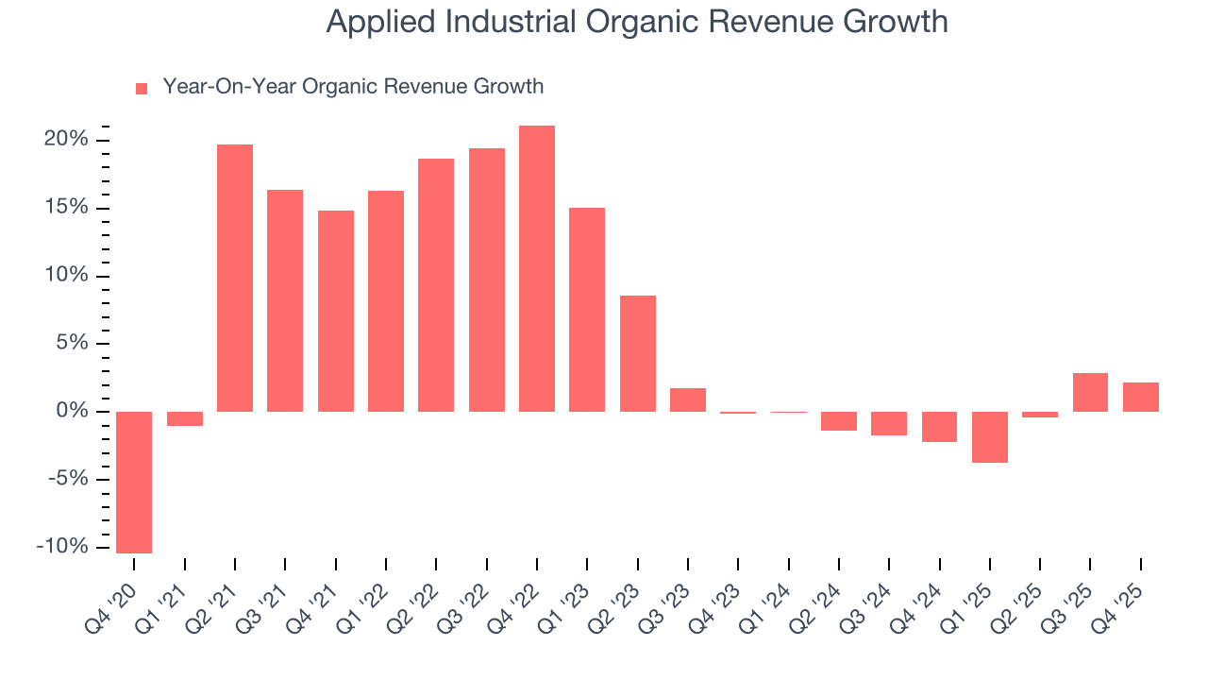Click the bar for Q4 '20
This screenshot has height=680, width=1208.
[134, 482]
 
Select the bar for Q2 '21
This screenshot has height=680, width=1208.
[235, 278]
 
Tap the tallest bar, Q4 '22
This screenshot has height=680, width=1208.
[537, 268]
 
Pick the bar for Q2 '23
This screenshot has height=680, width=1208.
[638, 353]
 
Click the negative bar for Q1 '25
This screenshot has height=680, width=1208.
[990, 436]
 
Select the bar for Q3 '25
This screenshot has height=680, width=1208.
[1091, 392]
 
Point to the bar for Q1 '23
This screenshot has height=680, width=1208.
[587, 309]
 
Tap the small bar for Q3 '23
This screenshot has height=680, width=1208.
[688, 399]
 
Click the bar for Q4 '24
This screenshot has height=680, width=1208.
[940, 426]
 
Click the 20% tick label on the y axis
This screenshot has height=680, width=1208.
[66, 140]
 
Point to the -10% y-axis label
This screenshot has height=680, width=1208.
[62, 547]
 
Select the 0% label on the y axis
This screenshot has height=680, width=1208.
[72, 411]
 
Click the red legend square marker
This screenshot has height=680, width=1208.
[142, 88]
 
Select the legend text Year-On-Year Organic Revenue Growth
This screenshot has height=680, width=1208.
[353, 87]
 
